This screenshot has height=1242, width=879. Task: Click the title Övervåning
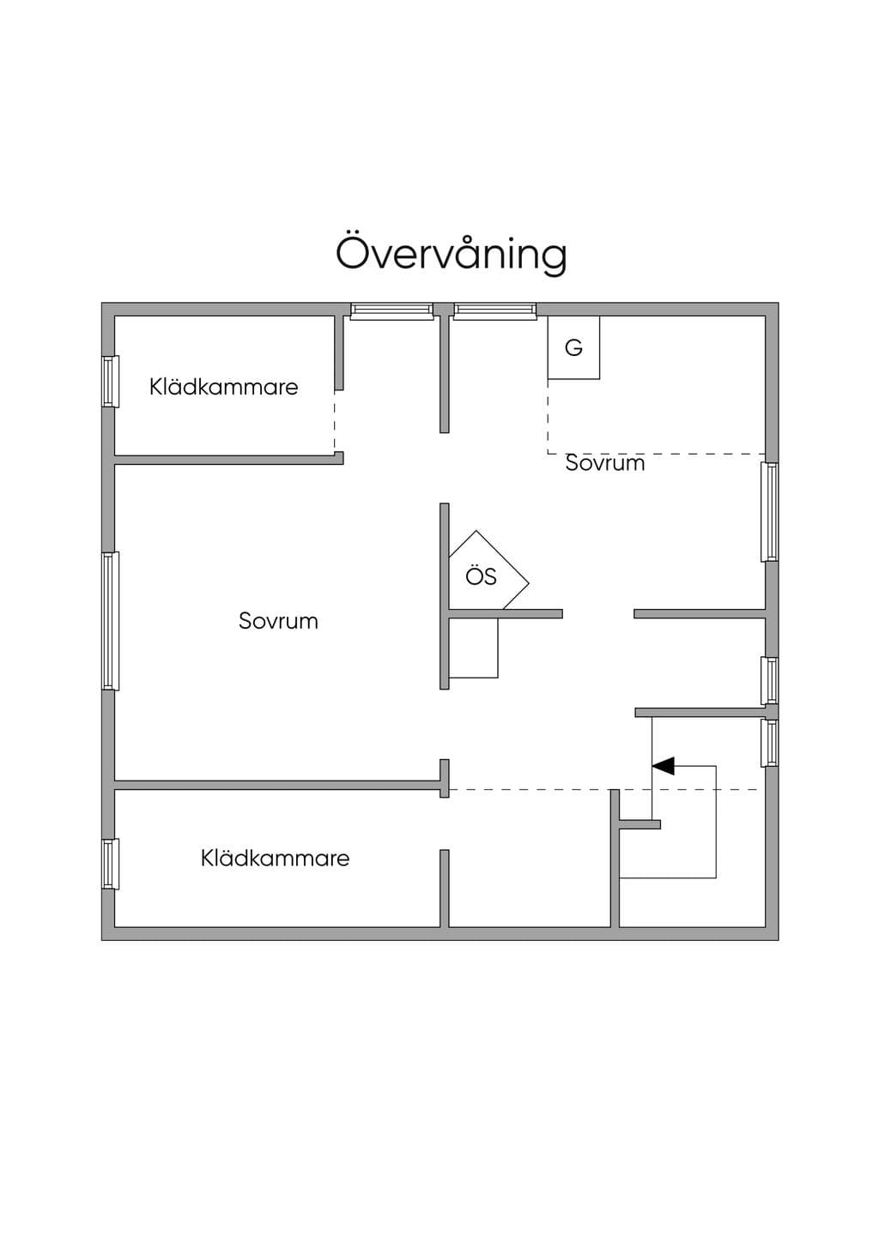tap(451, 255)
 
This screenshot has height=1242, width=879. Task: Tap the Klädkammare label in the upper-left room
tap(224, 387)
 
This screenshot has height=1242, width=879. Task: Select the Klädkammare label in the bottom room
tap(276, 859)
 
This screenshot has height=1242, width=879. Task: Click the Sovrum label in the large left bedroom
tap(279, 620)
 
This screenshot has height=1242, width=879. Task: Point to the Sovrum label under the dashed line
tap(605, 463)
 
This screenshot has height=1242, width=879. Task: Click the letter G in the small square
tap(573, 347)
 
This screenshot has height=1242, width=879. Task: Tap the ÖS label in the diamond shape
tap(481, 576)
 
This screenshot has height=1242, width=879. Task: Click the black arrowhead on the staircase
tap(664, 766)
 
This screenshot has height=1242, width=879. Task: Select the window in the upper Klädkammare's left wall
tap(111, 382)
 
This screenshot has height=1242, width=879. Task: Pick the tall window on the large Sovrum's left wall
tap(111, 621)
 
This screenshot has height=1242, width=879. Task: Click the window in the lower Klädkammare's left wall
tap(111, 865)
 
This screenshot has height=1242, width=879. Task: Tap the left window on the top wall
tap(391, 311)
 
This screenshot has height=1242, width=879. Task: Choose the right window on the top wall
tap(495, 311)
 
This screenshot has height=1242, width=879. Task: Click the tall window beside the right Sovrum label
tap(770, 512)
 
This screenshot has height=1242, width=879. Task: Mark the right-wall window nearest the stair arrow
tap(770, 743)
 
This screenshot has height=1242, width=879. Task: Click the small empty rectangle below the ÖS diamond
tap(473, 648)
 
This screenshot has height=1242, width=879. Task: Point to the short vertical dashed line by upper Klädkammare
tap(334, 421)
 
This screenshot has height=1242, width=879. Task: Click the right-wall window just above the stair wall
tap(770, 681)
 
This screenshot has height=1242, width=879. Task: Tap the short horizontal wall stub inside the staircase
tap(640, 824)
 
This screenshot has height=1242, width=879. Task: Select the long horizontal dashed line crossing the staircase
tap(603, 789)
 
